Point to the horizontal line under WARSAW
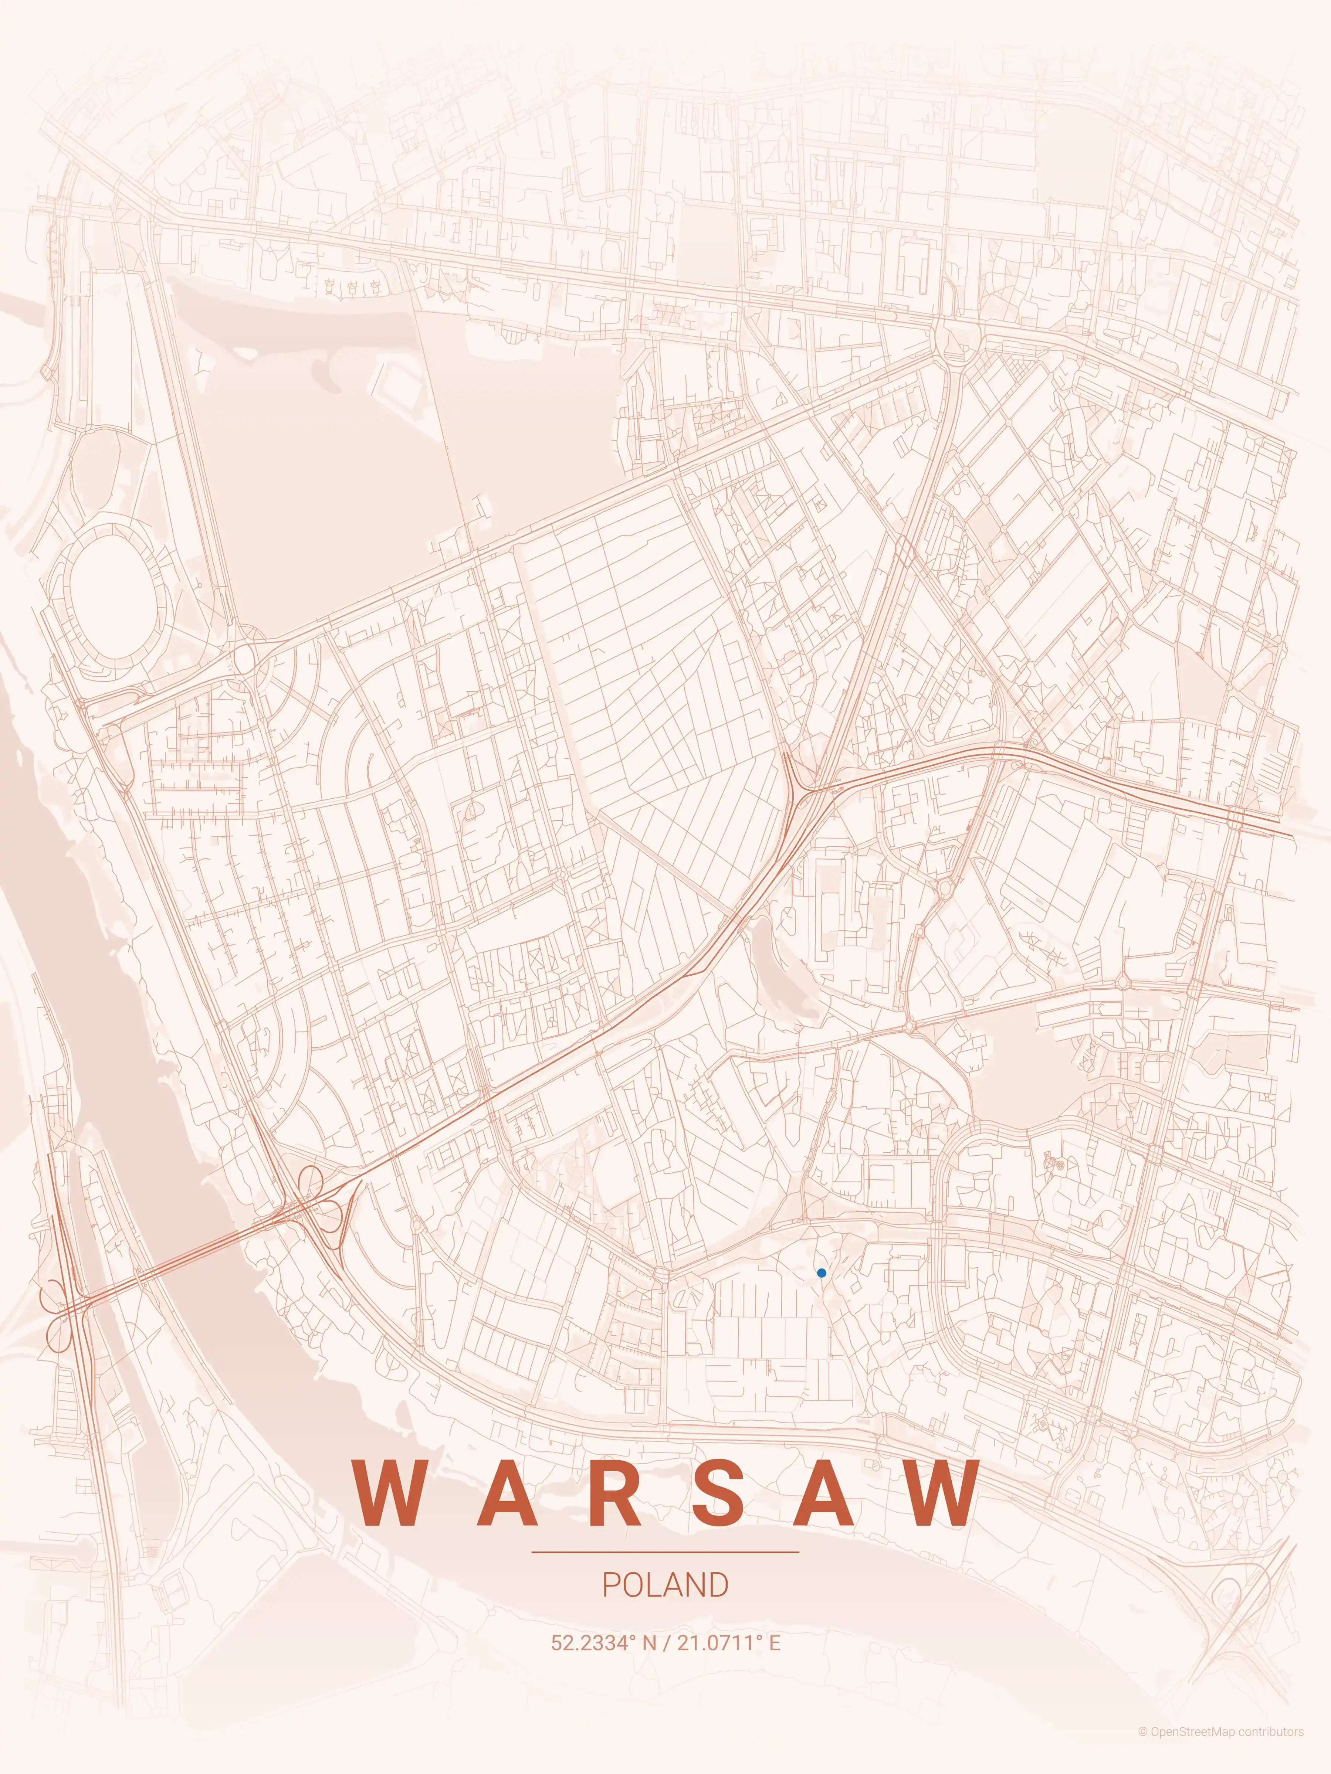(665, 1552)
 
